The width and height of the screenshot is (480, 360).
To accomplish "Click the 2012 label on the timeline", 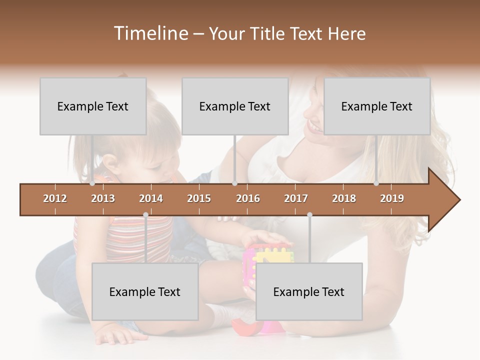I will coord(55,198).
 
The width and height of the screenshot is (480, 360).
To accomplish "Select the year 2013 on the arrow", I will coord(103,198).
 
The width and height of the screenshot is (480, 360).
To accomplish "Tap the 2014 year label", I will coord(151,198).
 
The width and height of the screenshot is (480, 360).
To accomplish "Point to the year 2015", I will coord(199,198).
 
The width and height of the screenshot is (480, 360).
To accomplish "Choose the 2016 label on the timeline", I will coord(248,198).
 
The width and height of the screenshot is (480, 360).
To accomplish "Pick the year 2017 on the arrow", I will coord(296,198).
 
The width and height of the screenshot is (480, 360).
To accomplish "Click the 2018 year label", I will coord(344,198).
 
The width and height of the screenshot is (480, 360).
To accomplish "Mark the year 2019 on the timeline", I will coord(392,198).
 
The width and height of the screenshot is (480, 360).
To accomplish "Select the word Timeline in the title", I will coord(150,33).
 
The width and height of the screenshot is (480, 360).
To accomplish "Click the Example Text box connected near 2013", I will coord(93,106).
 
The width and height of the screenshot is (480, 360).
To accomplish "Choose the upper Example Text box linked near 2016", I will coord(235,106).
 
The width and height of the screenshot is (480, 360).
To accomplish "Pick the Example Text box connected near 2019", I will coord(377,106).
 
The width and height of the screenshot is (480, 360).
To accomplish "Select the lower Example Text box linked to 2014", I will coord(145,291).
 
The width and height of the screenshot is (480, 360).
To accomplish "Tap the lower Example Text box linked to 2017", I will coord(309,291).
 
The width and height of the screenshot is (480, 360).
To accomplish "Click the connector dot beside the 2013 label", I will coord(92,183).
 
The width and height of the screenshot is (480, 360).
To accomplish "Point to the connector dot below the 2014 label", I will coord(145,214).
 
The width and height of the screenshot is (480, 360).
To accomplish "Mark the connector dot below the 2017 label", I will coord(309,214).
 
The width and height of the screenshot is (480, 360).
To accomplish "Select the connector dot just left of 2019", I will coord(376,183).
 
